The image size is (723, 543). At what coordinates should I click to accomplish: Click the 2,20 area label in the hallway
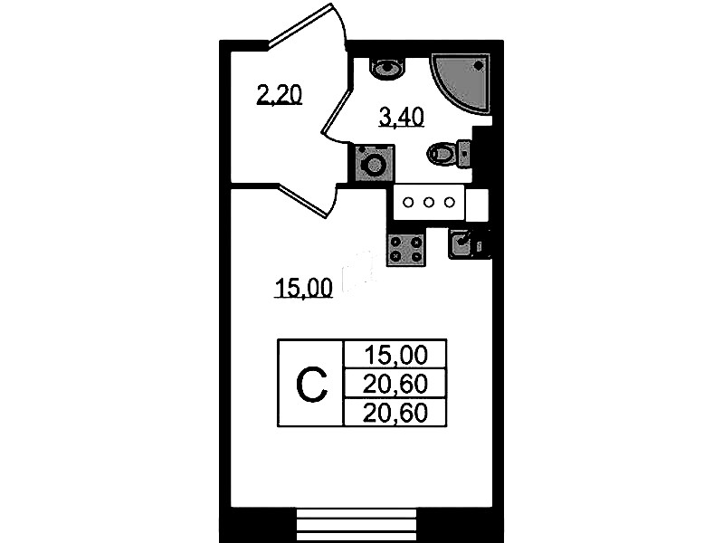click(x=279, y=96)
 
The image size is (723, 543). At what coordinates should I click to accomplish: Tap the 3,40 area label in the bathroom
click(x=401, y=117)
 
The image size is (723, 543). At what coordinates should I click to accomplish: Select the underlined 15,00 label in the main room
click(x=303, y=289)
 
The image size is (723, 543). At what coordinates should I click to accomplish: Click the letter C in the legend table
click(x=311, y=385)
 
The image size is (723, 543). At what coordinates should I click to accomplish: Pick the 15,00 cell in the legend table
click(x=395, y=356)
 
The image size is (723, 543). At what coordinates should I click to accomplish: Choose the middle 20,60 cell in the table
click(x=395, y=384)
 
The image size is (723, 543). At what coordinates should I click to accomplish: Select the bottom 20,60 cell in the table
click(x=395, y=413)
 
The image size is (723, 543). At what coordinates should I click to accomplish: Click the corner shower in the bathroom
click(x=461, y=82)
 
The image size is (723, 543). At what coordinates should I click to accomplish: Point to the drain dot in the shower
click(x=479, y=66)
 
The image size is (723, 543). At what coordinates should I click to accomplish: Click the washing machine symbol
click(x=375, y=163)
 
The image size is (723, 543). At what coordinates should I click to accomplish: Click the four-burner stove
click(x=405, y=249)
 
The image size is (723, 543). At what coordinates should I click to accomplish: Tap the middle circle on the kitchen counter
click(x=429, y=202)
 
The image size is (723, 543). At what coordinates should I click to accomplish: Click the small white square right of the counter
click(x=477, y=205)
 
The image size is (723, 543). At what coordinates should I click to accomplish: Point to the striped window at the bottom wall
click(x=357, y=525)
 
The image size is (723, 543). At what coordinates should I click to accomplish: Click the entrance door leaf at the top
click(x=300, y=24)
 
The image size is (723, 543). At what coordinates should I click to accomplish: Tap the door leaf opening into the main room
click(x=303, y=200)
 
